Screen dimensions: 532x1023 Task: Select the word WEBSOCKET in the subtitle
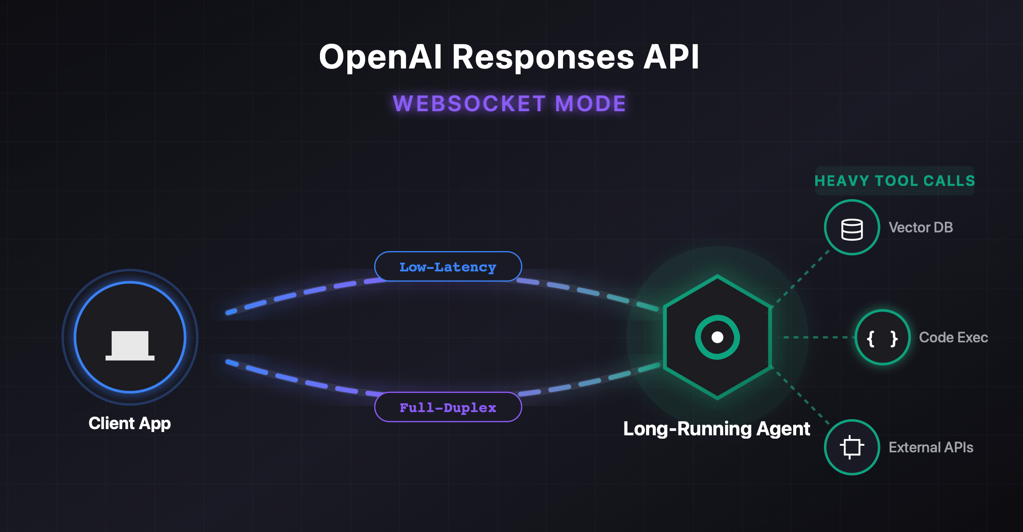(469, 104)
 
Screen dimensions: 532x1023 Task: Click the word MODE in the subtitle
(590, 104)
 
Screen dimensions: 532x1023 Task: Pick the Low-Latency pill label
(448, 267)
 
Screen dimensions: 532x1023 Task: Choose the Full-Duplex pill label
(448, 407)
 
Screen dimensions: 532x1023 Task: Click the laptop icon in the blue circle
(130, 345)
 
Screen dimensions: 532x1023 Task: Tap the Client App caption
(130, 423)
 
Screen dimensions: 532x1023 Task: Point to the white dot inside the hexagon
(717, 337)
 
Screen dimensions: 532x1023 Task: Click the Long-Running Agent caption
(716, 429)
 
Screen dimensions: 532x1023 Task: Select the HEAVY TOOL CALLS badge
(895, 181)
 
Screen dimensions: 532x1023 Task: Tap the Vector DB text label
(920, 227)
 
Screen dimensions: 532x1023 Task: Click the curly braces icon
(882, 338)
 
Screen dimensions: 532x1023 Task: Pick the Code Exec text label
(953, 337)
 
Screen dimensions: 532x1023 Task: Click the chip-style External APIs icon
(852, 447)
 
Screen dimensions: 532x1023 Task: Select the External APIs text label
(931, 447)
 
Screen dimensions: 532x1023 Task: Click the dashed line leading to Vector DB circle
(802, 277)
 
